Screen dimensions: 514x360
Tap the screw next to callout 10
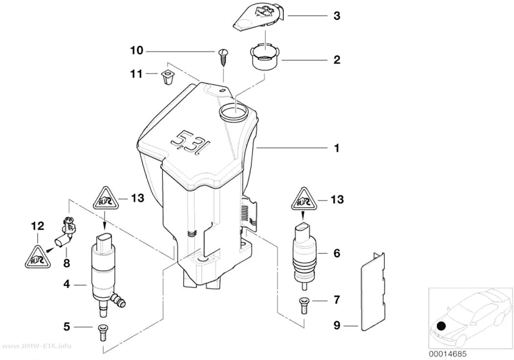click(223, 57)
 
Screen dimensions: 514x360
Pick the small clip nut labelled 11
click(167, 77)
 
